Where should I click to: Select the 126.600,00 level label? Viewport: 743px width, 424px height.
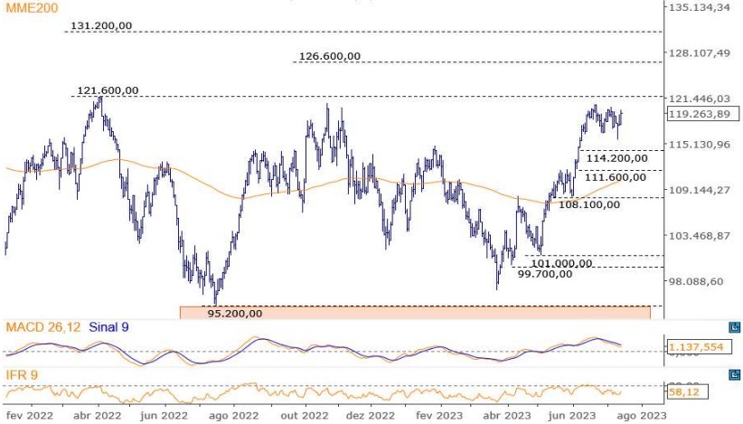tap(329, 56)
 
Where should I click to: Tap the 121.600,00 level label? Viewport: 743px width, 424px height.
tap(108, 90)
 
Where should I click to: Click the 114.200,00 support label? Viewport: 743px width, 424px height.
tap(616, 158)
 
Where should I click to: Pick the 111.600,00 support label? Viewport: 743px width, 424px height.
tap(616, 177)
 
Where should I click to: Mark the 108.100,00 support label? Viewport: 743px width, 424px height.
tap(588, 204)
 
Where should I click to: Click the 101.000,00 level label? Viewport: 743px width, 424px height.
tap(561, 263)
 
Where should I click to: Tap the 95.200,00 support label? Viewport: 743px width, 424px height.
tap(235, 314)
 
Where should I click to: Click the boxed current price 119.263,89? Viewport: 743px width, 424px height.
tap(697, 114)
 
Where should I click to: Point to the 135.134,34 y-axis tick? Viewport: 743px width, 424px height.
tap(697, 7)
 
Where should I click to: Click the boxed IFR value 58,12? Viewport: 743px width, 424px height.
tap(687, 392)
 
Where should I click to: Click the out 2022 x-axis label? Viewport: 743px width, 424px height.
tap(305, 416)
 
